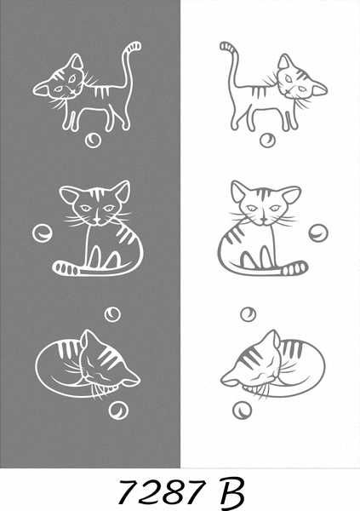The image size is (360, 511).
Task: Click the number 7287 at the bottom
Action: tap(162, 491)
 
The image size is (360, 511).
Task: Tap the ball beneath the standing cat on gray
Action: tap(93, 141)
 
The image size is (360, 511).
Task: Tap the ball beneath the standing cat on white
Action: tap(267, 141)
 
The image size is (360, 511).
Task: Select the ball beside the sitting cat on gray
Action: tap(42, 233)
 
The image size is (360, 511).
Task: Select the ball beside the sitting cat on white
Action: tap(318, 233)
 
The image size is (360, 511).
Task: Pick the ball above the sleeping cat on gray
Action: tap(112, 314)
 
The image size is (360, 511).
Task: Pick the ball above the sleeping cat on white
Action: tap(248, 314)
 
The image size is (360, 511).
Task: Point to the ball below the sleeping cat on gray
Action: tap(118, 411)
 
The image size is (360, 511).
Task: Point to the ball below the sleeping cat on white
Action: tap(242, 410)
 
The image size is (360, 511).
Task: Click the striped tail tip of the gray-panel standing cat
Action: tap(134, 46)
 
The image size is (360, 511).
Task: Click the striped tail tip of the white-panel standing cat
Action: tap(227, 46)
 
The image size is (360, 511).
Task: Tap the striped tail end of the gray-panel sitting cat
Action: tap(66, 268)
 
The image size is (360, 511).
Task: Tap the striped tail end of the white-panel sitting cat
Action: tap(294, 268)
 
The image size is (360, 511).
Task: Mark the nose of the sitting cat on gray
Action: tap(96, 221)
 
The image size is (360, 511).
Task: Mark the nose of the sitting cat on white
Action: tap(264, 221)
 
